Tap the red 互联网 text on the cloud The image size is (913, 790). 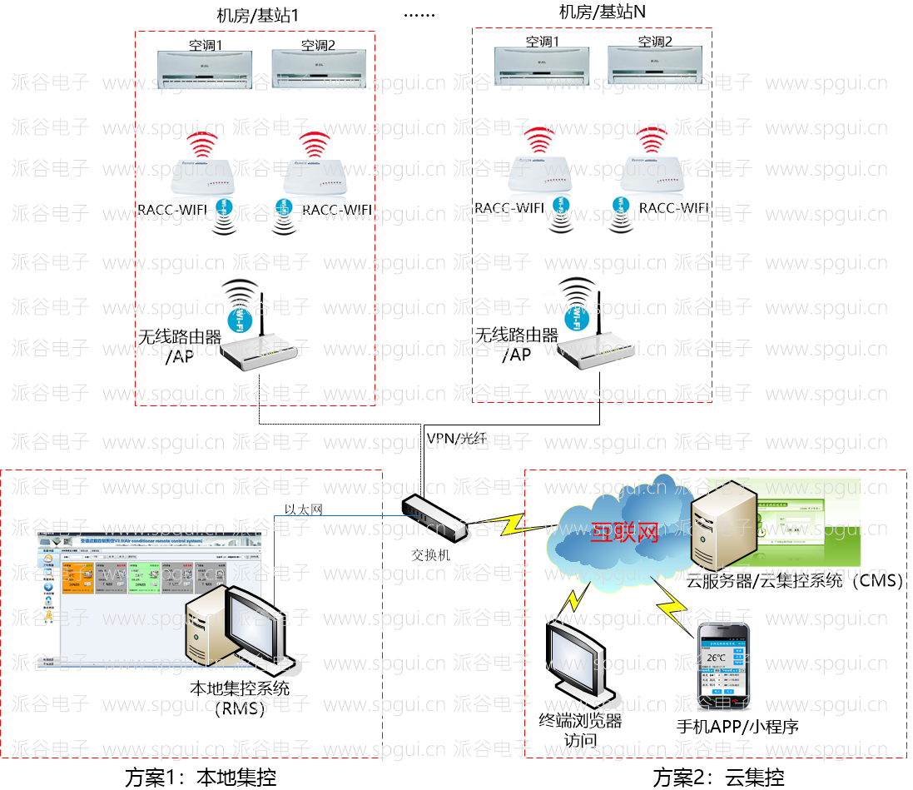click(x=624, y=532)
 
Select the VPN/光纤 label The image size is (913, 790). click(x=456, y=438)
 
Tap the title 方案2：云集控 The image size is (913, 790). click(x=718, y=778)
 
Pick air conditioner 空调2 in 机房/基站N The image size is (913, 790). click(x=654, y=65)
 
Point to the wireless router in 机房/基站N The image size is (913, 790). click(x=591, y=349)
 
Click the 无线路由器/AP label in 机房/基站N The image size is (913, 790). click(x=516, y=345)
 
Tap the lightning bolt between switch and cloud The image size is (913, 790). click(x=509, y=523)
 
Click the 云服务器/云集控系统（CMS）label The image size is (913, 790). click(x=795, y=581)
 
